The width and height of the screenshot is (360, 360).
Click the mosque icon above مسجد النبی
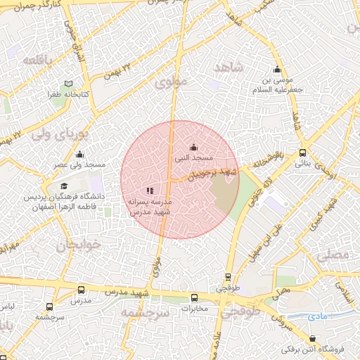[x=194, y=147]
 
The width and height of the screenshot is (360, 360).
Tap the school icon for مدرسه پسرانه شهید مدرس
[x=150, y=190]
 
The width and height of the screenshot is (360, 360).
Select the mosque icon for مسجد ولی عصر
[x=79, y=155]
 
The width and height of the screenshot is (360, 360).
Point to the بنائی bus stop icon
[x=302, y=153]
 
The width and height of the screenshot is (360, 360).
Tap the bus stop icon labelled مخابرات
[x=194, y=297]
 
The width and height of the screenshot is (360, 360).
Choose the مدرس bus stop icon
[x=81, y=290]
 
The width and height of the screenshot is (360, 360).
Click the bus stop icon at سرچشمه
[x=49, y=307]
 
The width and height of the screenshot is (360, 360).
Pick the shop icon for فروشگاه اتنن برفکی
[x=302, y=339]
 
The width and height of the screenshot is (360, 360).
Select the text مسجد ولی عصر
[x=82, y=165]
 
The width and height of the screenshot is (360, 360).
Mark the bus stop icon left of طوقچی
[x=227, y=277]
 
